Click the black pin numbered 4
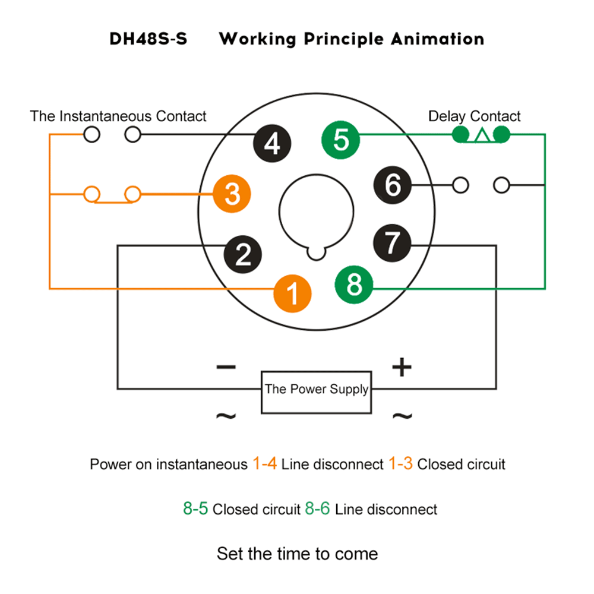tap(273, 143)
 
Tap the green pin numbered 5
tap(340, 140)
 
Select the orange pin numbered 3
tap(232, 194)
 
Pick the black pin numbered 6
tap(393, 185)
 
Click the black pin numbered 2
tap(242, 254)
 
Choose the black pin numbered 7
tap(392, 242)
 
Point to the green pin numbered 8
tap(354, 284)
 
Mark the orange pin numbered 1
tap(292, 292)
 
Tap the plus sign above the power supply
tap(402, 368)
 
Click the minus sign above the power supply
tap(226, 367)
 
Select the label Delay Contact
tap(474, 116)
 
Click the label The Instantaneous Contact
tap(118, 116)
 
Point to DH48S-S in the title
tap(148, 40)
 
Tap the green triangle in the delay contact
tap(482, 136)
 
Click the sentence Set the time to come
tap(297, 554)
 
